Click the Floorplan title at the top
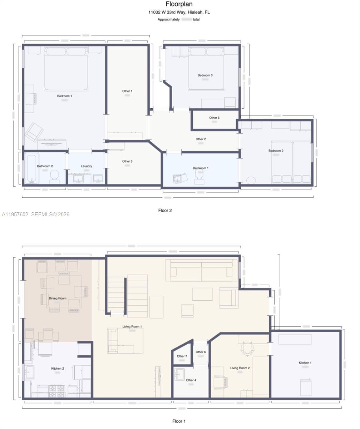(179, 4)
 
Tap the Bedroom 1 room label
(64, 96)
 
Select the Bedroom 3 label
(205, 75)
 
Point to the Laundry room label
(87, 166)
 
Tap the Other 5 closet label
(214, 118)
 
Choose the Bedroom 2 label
(276, 151)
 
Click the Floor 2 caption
(165, 210)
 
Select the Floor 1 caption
(179, 421)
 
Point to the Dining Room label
(58, 298)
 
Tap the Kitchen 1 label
(305, 363)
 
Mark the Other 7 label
(182, 356)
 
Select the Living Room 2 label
(240, 368)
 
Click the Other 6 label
(201, 352)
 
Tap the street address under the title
(179, 12)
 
